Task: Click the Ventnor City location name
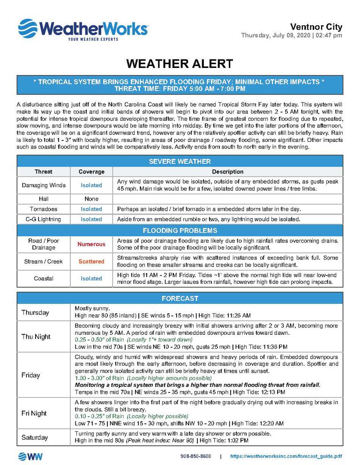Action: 316,27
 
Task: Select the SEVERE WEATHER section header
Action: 180,162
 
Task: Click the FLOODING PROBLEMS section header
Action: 180,230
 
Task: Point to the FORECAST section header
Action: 180,298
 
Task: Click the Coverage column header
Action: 91,172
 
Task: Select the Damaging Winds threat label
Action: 44,185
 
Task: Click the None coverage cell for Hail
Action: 91,199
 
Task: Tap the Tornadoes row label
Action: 44,209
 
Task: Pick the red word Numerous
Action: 91,244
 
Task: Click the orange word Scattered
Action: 91,261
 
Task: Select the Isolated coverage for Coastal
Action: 91,278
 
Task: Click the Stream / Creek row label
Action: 44,261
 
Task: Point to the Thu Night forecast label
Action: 36,337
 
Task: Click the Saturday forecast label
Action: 35,437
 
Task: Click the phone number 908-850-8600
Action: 195,456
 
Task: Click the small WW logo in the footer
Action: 31,456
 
